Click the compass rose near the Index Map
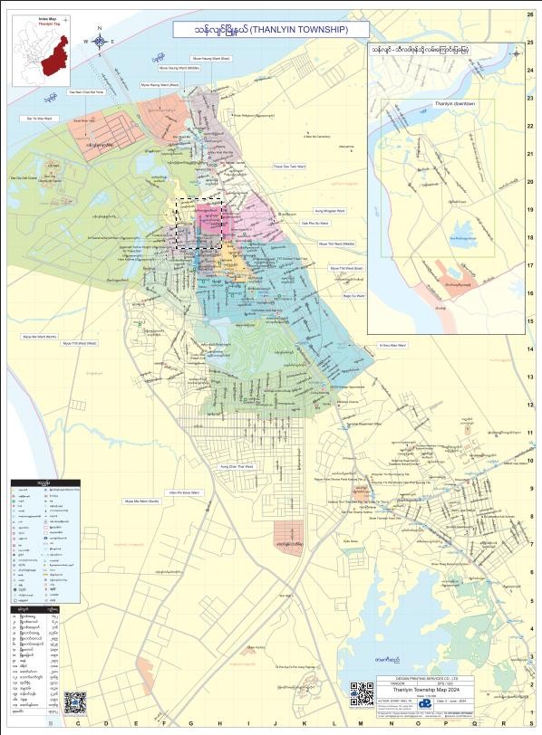tap(100, 40)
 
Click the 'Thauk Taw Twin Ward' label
tap(290, 167)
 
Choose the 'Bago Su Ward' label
tap(353, 295)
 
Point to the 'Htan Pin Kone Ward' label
tap(182, 493)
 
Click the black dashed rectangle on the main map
tap(199, 224)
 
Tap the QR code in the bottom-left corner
tap(74, 703)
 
